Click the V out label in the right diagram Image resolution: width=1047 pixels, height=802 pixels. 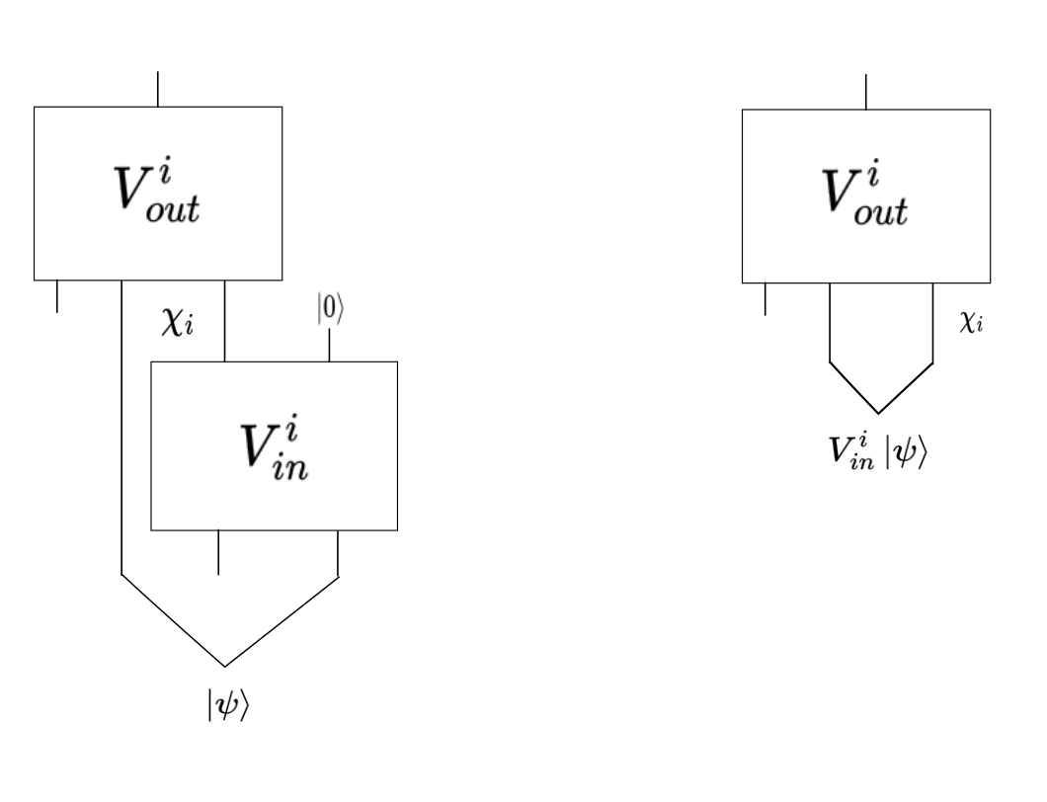(865, 193)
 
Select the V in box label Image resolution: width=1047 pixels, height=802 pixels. (275, 446)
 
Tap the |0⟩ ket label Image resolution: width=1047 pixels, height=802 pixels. (331, 309)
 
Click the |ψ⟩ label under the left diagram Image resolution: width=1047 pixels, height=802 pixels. (228, 704)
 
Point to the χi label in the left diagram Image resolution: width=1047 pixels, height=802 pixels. (178, 323)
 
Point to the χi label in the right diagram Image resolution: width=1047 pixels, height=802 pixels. (972, 323)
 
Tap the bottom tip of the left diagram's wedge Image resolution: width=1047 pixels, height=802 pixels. (225, 667)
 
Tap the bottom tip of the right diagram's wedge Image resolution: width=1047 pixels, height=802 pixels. (879, 414)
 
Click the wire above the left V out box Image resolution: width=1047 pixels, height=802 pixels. (158, 89)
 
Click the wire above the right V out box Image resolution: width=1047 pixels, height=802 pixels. (866, 92)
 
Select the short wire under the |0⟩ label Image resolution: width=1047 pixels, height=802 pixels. (329, 345)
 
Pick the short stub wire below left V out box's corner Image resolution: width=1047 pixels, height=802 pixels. (56, 296)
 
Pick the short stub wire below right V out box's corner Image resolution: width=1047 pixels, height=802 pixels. (765, 299)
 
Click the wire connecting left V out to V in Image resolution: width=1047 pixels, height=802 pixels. (224, 321)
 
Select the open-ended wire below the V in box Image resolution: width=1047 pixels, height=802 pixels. (218, 552)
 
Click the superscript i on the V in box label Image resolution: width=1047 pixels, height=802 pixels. (291, 427)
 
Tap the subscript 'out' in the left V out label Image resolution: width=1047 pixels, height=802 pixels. (173, 208)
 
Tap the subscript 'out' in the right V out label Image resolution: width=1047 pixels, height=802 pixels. (881, 211)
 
